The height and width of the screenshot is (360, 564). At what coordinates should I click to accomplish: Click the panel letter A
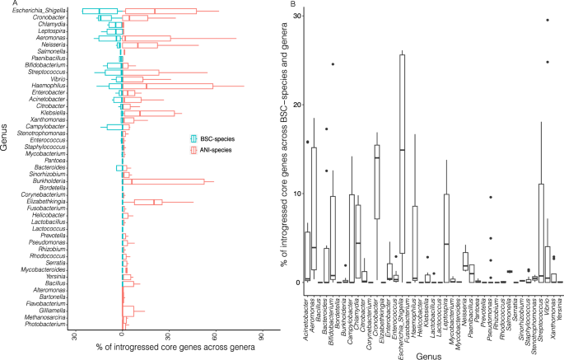click(5, 5)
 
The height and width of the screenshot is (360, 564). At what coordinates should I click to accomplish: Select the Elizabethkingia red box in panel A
click(149, 202)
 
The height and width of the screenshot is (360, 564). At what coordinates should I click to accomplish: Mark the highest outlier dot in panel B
click(547, 20)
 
